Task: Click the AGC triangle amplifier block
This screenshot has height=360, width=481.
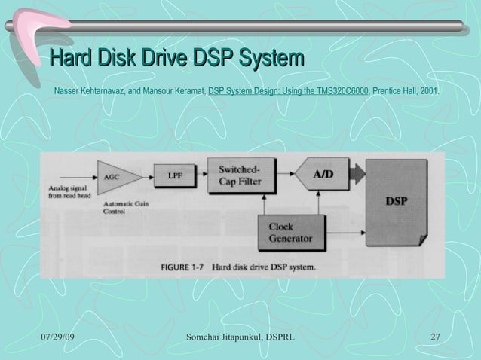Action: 114,176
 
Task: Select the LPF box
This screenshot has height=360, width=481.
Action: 173,176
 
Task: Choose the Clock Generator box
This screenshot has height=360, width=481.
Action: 292,233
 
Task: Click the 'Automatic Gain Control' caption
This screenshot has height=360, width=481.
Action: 124,208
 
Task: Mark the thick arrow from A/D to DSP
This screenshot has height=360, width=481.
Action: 358,175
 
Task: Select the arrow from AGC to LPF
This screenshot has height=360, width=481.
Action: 144,176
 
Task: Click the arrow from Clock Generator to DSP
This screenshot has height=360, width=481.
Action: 346,230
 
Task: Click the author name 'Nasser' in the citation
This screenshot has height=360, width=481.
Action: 66,91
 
